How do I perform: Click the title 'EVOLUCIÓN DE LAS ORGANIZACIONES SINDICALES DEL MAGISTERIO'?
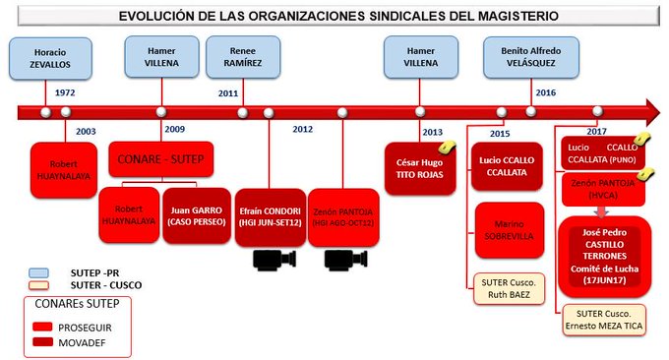point(334,17)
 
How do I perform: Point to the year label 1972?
point(65,92)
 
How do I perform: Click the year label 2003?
point(86,129)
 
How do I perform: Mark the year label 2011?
point(228,92)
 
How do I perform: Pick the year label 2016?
point(545,92)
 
